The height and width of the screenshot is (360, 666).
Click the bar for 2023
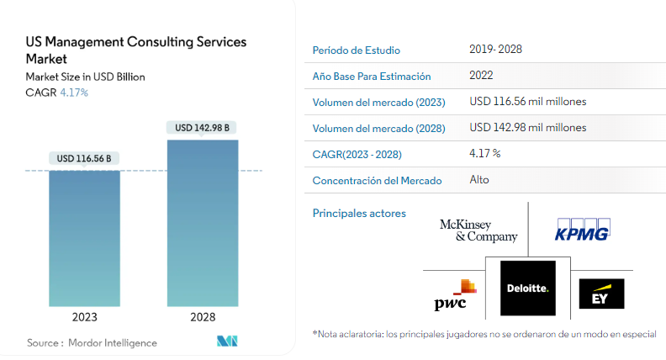tap(85, 238)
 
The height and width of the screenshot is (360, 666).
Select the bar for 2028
tap(203, 223)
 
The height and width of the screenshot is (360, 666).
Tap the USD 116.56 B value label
tap(84, 158)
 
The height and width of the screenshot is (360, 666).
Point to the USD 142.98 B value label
tap(202, 128)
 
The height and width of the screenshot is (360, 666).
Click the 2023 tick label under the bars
tap(85, 317)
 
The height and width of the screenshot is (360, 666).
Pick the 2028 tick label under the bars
tap(203, 317)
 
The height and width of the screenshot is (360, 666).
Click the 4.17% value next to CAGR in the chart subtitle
tap(74, 93)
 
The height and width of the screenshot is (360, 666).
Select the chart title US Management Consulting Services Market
tap(136, 50)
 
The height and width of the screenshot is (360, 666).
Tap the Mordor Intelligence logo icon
tap(227, 341)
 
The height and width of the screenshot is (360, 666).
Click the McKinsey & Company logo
tap(478, 230)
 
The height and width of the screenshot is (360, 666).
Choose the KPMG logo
tap(582, 230)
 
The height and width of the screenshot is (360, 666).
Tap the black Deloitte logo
tap(528, 289)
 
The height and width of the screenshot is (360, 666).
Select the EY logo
tap(601, 294)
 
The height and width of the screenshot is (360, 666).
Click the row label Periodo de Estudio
tap(357, 50)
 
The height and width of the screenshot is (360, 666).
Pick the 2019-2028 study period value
tap(495, 50)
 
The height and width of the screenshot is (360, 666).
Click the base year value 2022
tap(481, 75)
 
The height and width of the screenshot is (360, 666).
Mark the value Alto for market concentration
tap(479, 180)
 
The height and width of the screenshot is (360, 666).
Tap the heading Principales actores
tap(359, 214)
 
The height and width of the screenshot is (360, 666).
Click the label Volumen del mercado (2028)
tap(379, 129)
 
